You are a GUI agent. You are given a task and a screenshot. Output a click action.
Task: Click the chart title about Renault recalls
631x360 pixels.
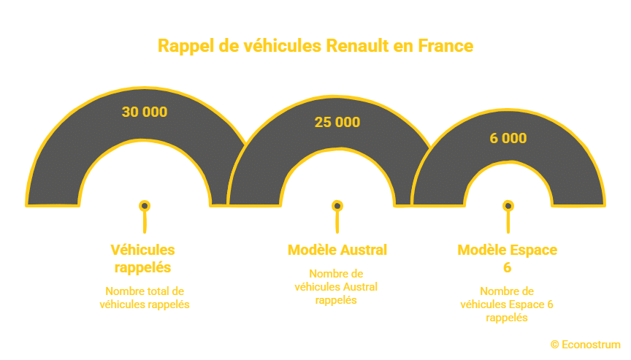[x=315, y=46]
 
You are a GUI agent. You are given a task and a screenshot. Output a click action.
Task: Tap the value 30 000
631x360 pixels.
[x=145, y=112]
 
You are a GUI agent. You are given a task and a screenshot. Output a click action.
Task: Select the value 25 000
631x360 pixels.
[x=337, y=122]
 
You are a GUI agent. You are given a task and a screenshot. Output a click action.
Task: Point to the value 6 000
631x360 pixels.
[x=508, y=138]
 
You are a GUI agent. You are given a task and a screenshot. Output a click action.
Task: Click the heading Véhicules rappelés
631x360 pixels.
[x=143, y=258]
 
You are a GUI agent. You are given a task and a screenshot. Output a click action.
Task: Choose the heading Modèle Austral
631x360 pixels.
[x=337, y=250]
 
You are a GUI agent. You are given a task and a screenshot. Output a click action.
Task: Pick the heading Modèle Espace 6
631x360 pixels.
[x=508, y=258]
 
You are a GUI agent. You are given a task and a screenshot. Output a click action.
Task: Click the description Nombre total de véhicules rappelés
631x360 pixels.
[x=145, y=297]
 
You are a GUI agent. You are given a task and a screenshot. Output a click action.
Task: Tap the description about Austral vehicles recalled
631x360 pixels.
[x=337, y=286]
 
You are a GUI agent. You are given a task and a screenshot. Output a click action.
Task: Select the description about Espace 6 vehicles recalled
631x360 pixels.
[x=508, y=304]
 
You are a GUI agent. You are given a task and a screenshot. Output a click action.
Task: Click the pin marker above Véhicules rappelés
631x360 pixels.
[x=145, y=207]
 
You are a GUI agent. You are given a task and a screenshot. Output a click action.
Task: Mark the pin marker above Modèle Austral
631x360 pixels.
[x=337, y=207]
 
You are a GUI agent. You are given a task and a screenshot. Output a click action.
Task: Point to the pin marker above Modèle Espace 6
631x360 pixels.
[x=508, y=207]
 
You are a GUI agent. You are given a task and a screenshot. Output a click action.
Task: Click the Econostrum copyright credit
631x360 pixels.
[x=586, y=344]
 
